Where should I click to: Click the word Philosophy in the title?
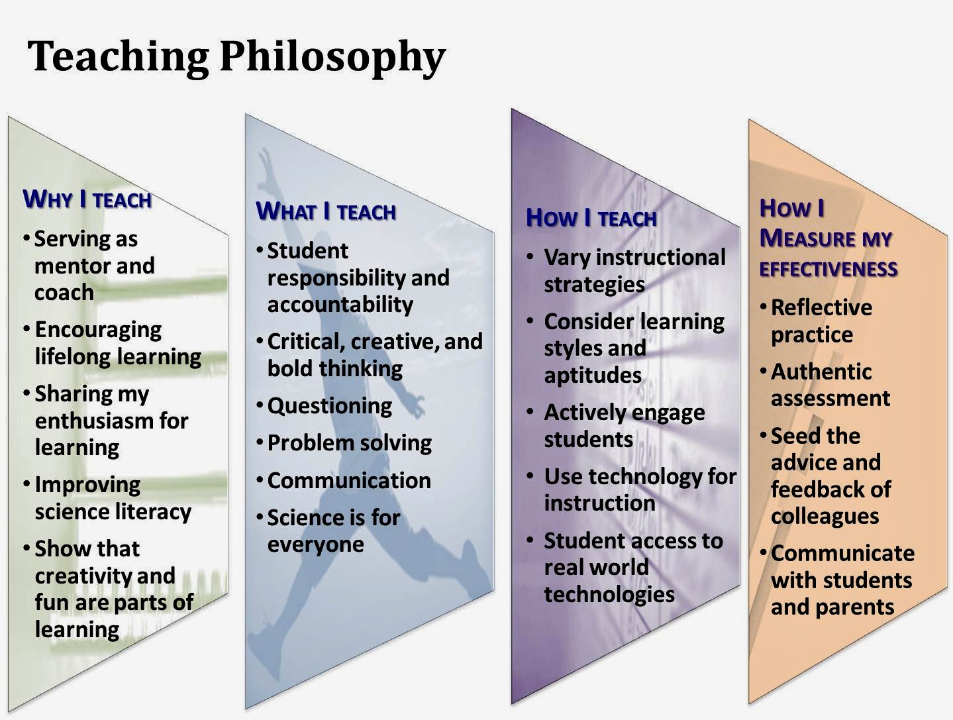(x=332, y=57)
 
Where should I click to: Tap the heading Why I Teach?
(x=87, y=199)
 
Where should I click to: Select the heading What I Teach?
(x=326, y=212)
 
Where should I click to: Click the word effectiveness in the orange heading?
(x=828, y=269)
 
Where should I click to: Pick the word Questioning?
(x=329, y=405)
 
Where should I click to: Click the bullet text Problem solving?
(x=349, y=442)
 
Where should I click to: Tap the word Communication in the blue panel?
(x=349, y=480)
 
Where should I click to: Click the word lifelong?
(x=73, y=356)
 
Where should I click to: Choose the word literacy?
(x=152, y=511)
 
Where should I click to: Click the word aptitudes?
(x=592, y=376)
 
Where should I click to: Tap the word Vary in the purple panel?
(x=566, y=257)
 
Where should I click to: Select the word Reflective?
(x=821, y=307)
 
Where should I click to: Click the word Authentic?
(x=821, y=372)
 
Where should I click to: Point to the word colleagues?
(x=825, y=516)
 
